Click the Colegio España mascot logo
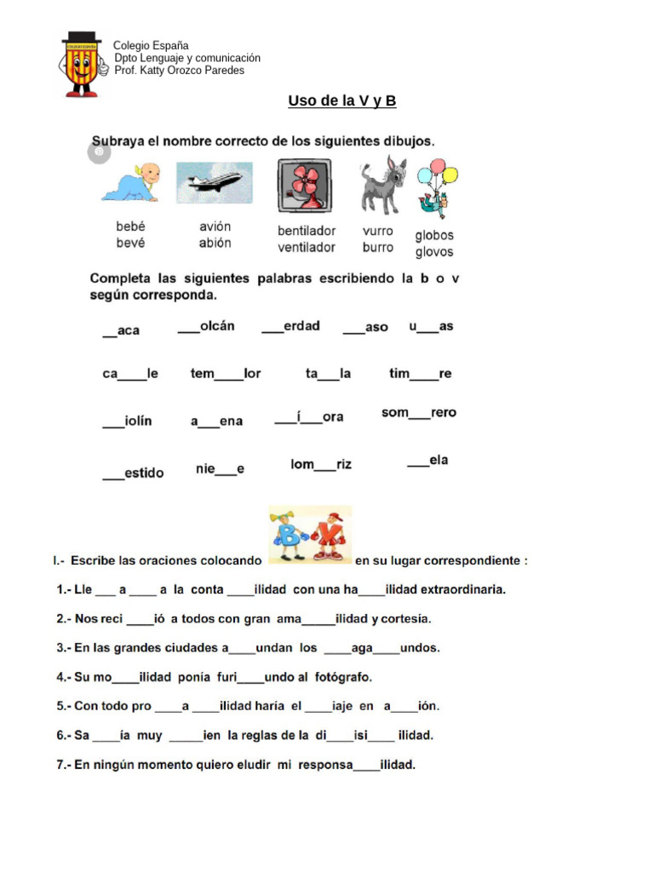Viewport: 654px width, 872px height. point(81,65)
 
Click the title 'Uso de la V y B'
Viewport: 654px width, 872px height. point(341,101)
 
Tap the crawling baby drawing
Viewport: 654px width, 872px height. point(132,182)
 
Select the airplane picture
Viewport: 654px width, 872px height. point(214,182)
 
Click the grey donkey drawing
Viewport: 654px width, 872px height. point(383,185)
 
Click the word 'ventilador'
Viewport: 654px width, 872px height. point(307,248)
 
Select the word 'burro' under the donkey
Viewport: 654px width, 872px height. point(378,248)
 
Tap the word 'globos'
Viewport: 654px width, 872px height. point(434,235)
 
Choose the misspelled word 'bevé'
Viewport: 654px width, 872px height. point(131,243)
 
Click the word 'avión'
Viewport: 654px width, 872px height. point(215,227)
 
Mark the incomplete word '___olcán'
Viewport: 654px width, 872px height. point(206,326)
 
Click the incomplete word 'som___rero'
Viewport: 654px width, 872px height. point(419,413)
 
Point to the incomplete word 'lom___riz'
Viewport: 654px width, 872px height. point(321,465)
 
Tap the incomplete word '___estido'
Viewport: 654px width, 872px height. point(134,473)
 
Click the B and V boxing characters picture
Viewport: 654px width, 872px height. point(309,534)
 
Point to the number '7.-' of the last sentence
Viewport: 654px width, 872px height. point(64,765)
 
